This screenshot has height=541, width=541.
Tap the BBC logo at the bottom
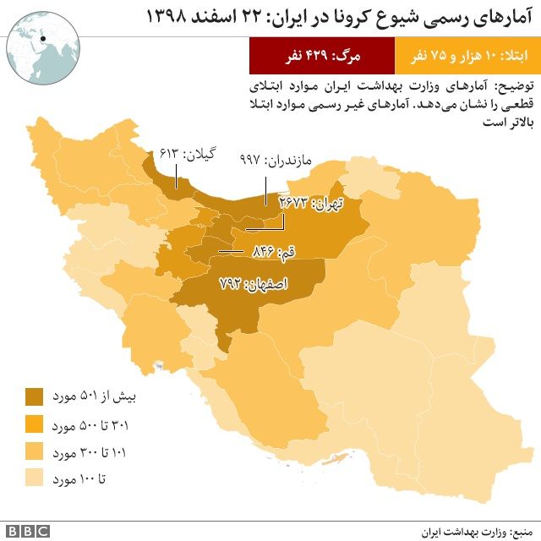tap(28, 530)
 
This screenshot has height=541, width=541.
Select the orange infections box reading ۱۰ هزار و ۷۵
tap(466, 57)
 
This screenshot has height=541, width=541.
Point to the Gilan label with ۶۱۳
tap(188, 154)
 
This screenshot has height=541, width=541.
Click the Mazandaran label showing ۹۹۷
tap(276, 160)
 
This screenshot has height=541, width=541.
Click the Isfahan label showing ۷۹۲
tap(254, 285)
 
